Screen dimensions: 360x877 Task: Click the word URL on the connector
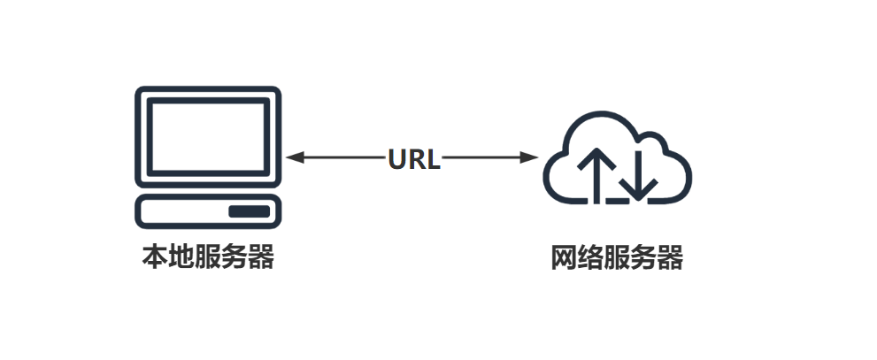414,158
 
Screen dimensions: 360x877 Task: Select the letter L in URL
433,158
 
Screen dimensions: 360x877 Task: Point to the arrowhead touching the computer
296,157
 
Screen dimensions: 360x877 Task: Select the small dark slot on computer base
249,211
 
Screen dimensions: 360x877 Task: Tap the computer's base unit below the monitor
207,211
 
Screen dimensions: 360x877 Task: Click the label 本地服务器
208,258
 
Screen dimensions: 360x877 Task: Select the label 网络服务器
617,260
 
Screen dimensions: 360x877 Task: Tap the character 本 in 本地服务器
156,258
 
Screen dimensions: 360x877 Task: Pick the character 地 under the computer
181,258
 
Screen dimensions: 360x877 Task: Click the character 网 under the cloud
564,260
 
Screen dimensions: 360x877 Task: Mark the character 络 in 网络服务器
590,260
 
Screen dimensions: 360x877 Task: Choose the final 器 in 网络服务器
670,260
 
